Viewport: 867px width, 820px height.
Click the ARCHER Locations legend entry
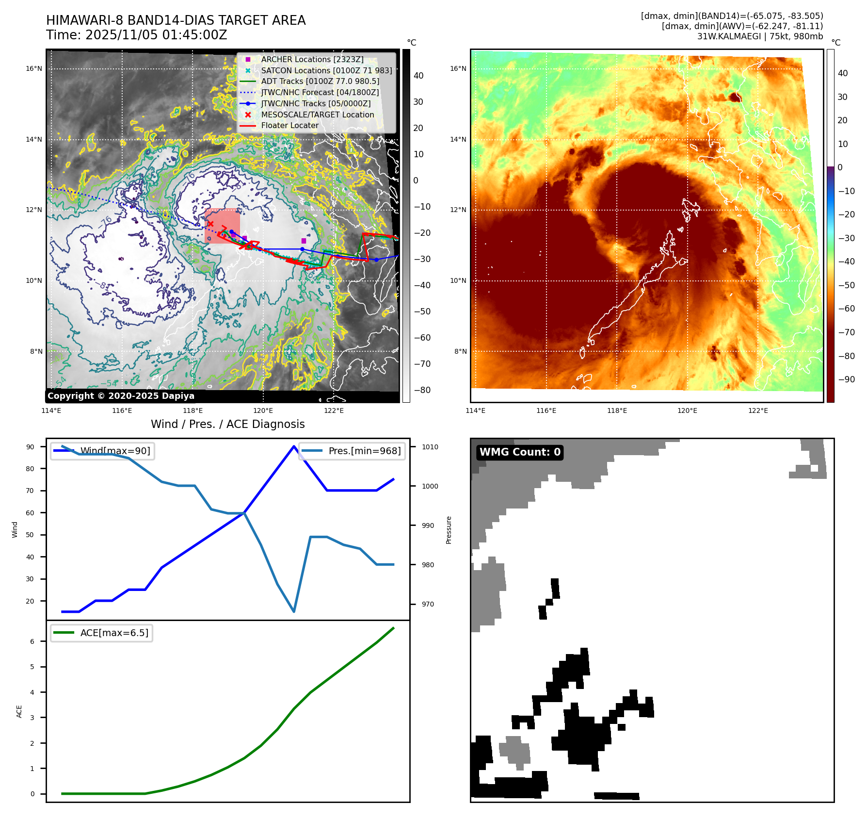click(312, 59)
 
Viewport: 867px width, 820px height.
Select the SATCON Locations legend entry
click(326, 70)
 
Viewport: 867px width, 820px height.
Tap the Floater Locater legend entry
click(289, 125)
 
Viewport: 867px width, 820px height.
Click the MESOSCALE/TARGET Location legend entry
click(317, 115)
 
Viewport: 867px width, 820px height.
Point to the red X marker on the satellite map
click(210, 224)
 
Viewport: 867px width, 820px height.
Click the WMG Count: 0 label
click(520, 452)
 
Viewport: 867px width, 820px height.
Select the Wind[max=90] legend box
click(102, 451)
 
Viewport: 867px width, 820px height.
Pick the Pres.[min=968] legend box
click(352, 451)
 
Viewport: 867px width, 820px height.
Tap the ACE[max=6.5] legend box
click(102, 633)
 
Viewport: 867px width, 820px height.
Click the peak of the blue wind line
click(294, 446)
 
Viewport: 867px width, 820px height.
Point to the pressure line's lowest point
click(294, 611)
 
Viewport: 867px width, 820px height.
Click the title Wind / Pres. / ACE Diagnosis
click(227, 424)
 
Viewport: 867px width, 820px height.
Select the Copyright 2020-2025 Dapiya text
click(121, 396)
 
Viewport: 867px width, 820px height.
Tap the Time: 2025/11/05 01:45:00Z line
click(136, 35)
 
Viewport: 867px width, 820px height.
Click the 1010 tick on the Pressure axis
click(430, 447)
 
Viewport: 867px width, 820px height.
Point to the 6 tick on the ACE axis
click(32, 641)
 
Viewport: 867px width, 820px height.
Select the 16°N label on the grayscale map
click(34, 69)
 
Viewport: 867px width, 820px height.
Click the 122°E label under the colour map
click(758, 410)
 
